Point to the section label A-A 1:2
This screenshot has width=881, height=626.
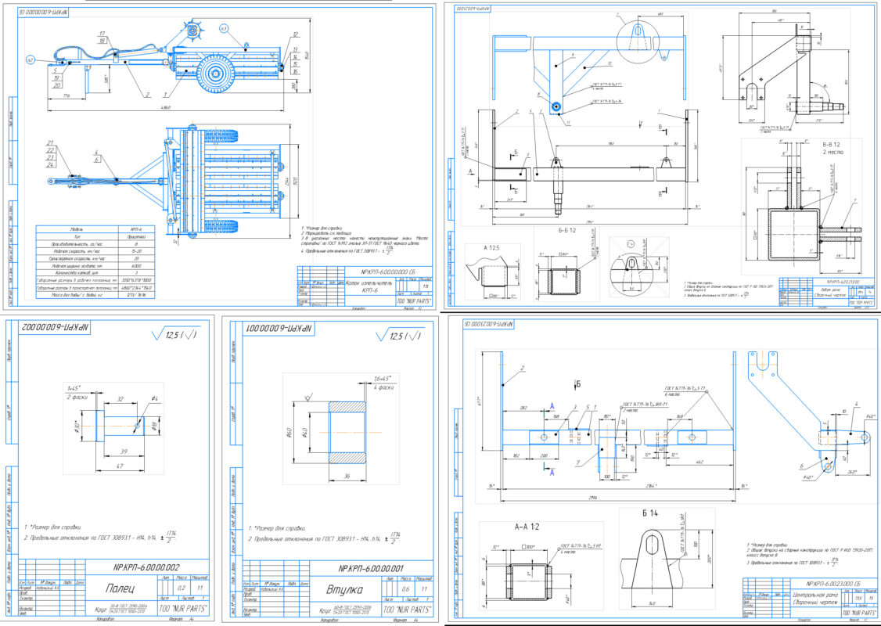coord(507,527)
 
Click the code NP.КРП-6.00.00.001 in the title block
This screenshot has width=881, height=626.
coord(371,569)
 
